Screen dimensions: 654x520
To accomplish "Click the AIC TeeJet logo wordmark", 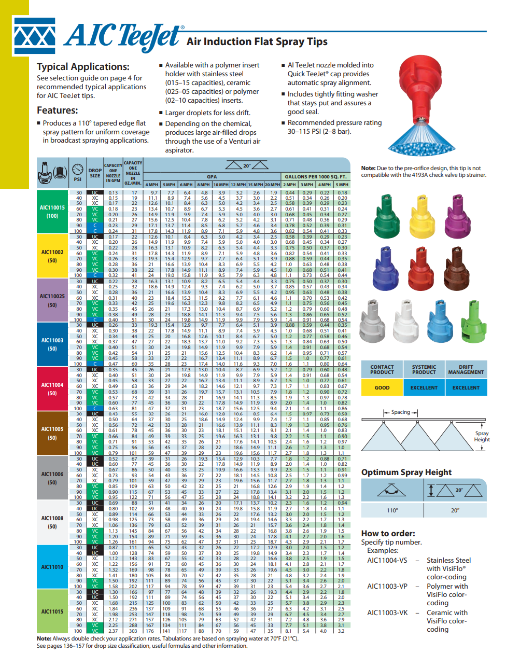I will coord(123,35).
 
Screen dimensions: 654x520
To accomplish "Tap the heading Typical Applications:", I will coord(83,66).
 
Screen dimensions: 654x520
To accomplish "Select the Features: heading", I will coord(57,110).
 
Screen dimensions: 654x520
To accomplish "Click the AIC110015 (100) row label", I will coord(52,212).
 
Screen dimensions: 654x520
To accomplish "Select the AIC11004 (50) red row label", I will coord(52,388).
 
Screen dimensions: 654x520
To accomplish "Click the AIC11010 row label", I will coord(52,567).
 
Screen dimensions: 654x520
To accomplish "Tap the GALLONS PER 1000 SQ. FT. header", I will coord(315,177).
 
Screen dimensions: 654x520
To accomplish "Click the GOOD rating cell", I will coord(382,387).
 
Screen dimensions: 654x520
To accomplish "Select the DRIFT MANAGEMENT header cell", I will coord(466,369).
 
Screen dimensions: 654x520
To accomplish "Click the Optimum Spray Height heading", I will coord(406,472).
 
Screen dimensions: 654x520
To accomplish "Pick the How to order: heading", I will coord(388,533).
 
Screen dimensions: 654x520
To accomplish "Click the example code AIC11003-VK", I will coord(387,613).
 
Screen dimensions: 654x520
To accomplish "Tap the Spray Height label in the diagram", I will coord(482,436).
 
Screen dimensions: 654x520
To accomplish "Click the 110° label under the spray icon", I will coord(392,510).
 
